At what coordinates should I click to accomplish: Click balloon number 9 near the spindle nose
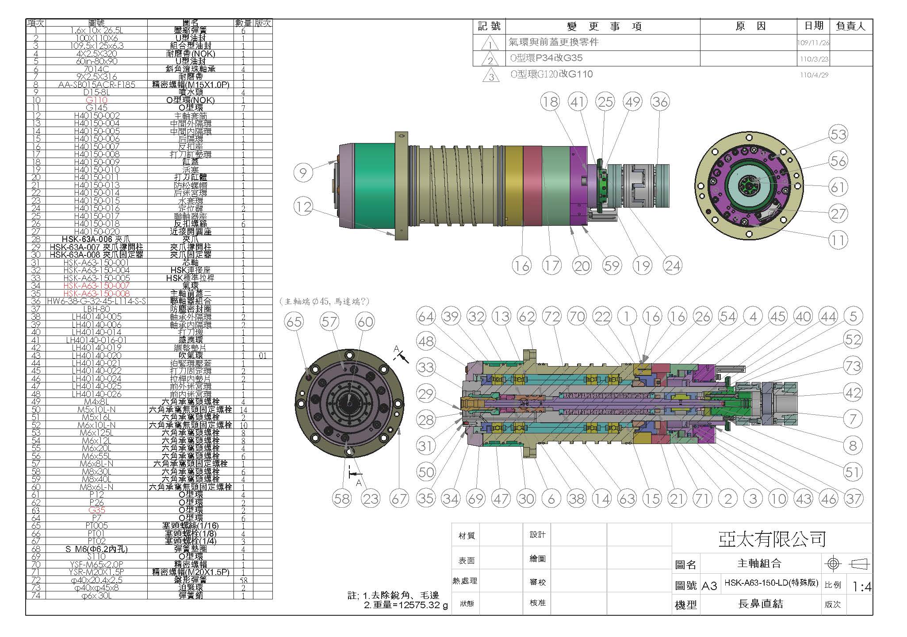303,172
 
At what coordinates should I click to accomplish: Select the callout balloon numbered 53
838,134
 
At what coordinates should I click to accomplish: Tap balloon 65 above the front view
294,321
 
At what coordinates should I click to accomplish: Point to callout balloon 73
853,366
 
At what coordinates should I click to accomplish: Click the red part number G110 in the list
96,100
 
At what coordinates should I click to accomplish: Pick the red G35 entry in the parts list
96,510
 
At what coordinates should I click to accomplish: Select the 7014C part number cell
96,69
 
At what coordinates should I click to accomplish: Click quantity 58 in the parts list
243,579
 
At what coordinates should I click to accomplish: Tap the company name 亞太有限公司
772,539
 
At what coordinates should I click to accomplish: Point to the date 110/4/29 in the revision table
814,75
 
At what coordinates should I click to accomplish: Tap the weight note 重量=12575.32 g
406,605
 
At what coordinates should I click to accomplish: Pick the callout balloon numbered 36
660,102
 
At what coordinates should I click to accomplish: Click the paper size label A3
709,586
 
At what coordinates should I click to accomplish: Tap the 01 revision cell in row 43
262,355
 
